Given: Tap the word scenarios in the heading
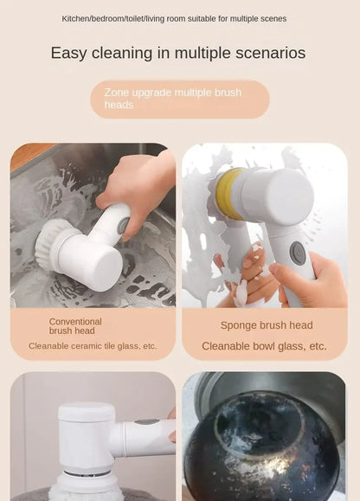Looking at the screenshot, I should pyautogui.click(x=269, y=54).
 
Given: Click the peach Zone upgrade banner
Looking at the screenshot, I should pyautogui.click(x=179, y=99).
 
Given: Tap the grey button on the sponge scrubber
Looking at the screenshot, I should pyautogui.click(x=298, y=253).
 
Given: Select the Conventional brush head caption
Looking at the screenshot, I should pyautogui.click(x=74, y=326).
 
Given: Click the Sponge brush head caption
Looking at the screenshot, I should pyautogui.click(x=266, y=325).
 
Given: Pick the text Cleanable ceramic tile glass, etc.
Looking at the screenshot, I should pyautogui.click(x=93, y=346).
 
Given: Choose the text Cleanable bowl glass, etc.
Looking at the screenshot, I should pyautogui.click(x=264, y=346).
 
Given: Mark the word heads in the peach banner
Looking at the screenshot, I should pyautogui.click(x=119, y=106).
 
